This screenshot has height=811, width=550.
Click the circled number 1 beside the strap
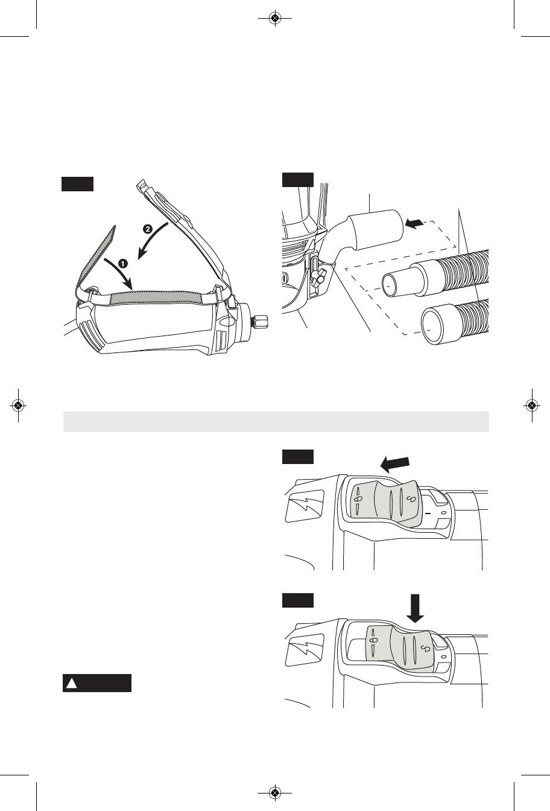(123, 263)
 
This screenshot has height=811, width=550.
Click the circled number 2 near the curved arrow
(147, 229)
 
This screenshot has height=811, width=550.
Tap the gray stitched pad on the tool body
(156, 298)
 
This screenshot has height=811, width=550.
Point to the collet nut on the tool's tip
(260, 321)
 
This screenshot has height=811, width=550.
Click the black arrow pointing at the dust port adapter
(414, 224)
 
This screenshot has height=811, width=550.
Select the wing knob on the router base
(319, 276)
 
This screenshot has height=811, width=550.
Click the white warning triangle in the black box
(72, 683)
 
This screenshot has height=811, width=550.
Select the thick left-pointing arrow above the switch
(395, 464)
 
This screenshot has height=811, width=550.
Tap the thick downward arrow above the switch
(415, 608)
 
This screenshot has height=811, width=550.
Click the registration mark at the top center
(275, 17)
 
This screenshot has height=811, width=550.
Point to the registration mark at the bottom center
(275, 794)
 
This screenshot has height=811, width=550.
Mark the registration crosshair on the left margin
(18, 405)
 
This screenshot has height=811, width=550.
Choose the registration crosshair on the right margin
(532, 405)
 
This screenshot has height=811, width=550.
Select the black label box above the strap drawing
(77, 184)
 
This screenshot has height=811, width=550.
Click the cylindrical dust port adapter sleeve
(376, 229)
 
